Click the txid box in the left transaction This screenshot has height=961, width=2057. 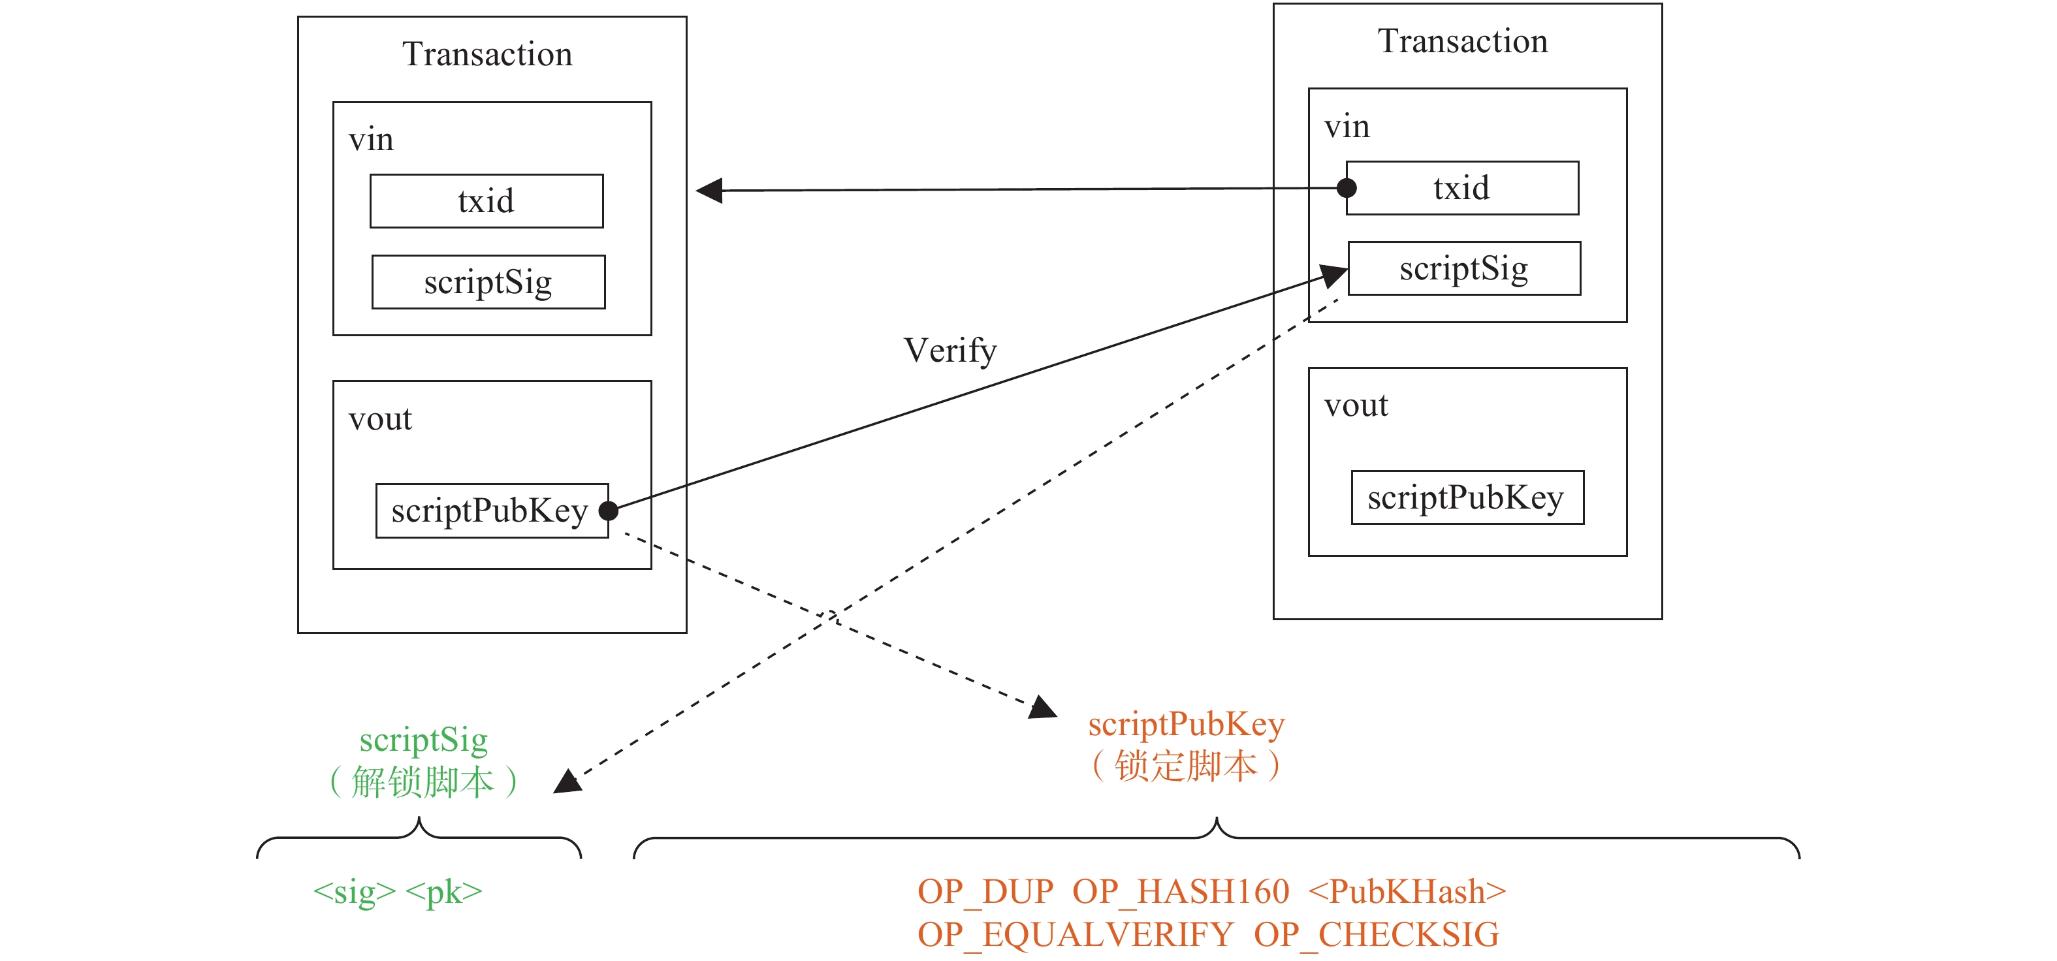click(486, 201)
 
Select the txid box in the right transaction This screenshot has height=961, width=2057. click(1462, 189)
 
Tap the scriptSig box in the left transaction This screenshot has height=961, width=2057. click(488, 282)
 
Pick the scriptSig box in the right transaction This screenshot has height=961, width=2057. click(1463, 268)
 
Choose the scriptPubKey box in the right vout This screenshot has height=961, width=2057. click(1467, 497)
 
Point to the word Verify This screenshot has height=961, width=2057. click(950, 351)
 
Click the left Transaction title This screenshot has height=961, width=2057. click(487, 54)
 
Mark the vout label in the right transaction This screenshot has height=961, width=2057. click(1356, 405)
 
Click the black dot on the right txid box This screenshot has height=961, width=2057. click(1347, 189)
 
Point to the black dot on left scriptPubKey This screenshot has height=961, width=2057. click(609, 511)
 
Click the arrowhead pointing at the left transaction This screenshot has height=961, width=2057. click(710, 191)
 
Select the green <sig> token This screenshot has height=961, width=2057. click(354, 892)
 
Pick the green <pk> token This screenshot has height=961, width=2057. click(444, 892)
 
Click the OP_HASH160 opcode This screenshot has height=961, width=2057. click(1180, 892)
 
